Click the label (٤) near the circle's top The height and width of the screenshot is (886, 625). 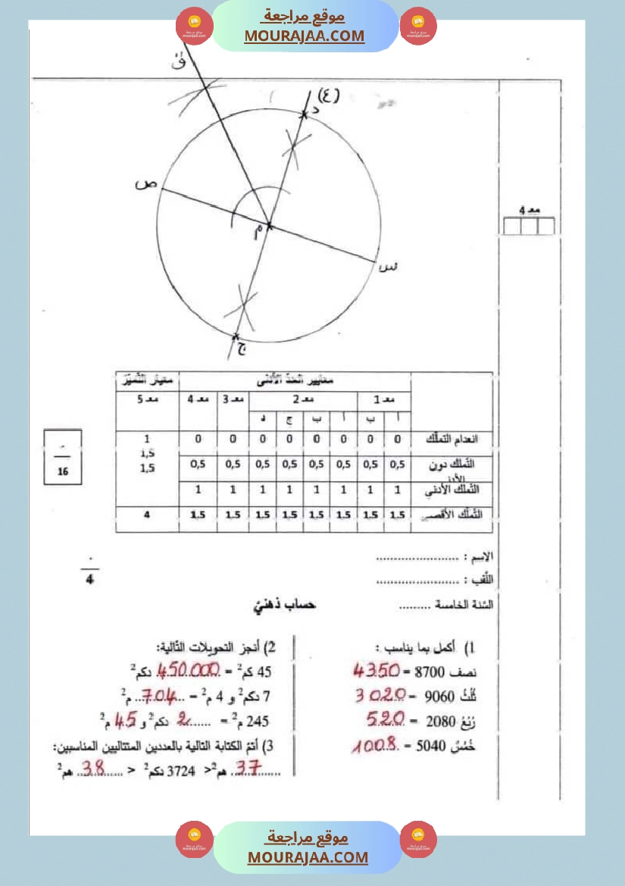(327, 95)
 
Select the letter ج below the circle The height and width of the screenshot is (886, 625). (241, 349)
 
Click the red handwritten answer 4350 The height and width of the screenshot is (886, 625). (377, 671)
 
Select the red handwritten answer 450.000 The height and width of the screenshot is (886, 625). (186, 671)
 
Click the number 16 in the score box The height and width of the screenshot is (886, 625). (62, 471)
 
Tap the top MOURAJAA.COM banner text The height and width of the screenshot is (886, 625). (305, 36)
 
